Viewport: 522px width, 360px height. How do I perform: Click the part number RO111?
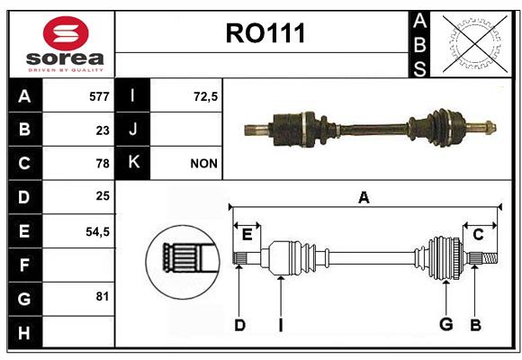coord(265,33)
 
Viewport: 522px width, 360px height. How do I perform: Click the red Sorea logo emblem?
coord(66,33)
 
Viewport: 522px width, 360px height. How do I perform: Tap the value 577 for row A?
coord(99,96)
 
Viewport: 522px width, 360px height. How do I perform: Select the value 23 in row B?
coord(103,130)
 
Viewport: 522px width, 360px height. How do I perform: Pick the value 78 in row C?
coord(103,163)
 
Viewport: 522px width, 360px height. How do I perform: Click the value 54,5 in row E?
coord(97,231)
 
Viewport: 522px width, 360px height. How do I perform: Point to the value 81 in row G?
coord(103,296)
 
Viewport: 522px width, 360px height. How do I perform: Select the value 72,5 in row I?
coord(205,96)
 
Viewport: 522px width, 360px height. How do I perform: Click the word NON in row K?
coord(203,163)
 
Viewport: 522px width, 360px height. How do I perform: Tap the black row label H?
coord(25,332)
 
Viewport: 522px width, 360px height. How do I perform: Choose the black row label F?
coord(25,265)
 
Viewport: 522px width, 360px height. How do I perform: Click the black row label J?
coord(132,130)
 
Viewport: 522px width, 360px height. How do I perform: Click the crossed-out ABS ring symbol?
coord(475,44)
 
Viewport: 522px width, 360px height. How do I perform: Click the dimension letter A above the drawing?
coord(364,198)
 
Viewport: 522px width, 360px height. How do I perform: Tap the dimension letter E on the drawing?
coord(247,235)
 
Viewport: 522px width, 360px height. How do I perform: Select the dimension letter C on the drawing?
coord(478,235)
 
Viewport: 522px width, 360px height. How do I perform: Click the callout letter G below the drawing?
coord(446,324)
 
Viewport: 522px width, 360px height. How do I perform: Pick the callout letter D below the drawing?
coord(239,325)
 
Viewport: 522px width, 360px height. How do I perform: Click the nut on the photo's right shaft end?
coord(490,128)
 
